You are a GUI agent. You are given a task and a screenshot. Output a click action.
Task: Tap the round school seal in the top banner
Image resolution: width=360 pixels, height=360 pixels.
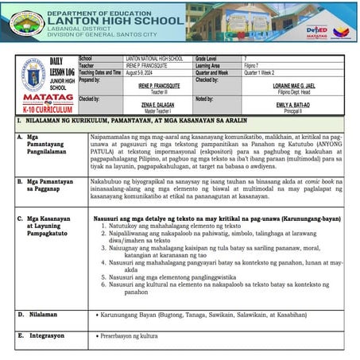(x=25, y=22)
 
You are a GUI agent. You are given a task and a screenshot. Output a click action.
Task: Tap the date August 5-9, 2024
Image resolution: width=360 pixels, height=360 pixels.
(x=148, y=72)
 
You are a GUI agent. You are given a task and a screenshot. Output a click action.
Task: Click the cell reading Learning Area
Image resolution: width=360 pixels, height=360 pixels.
(x=211, y=65)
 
